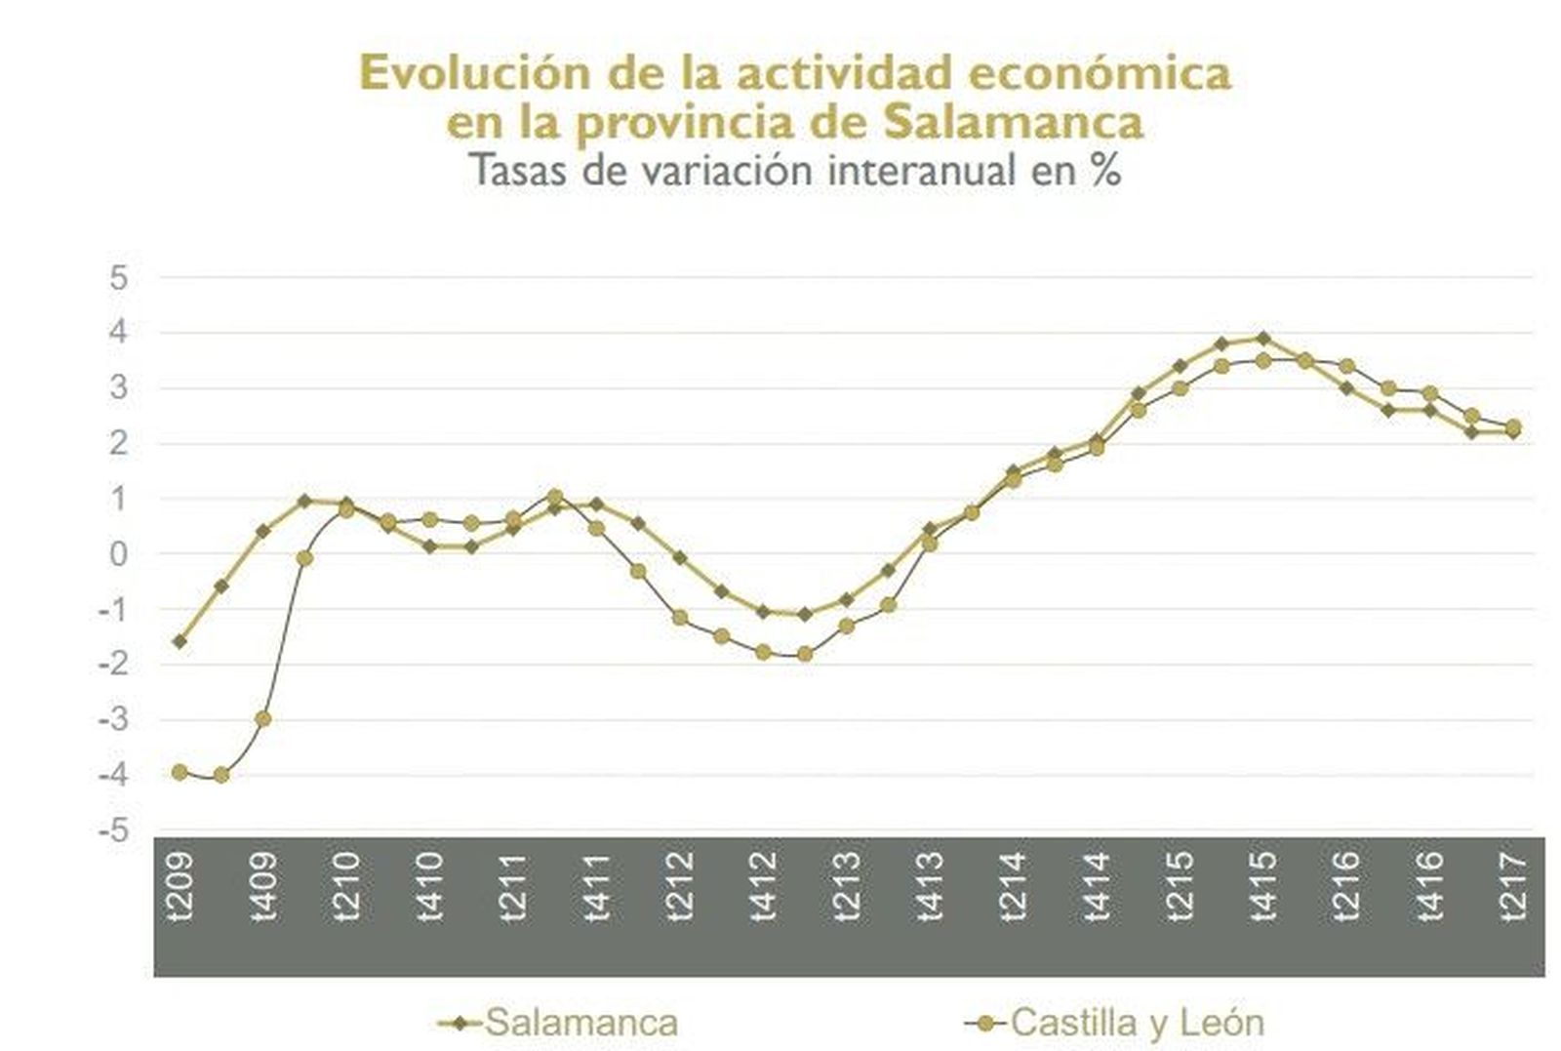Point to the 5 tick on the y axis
[x=118, y=278]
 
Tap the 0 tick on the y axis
[x=118, y=554]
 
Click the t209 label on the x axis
[x=180, y=887]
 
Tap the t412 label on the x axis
[x=764, y=887]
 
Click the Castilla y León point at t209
[x=180, y=772]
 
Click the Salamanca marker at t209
[x=180, y=641]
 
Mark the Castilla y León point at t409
[x=262, y=719]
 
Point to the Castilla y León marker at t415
[x=1262, y=361]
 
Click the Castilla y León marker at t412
[x=763, y=652]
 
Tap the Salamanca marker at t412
[x=763, y=612]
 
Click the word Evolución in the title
[x=460, y=74]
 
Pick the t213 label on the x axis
[x=847, y=887]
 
